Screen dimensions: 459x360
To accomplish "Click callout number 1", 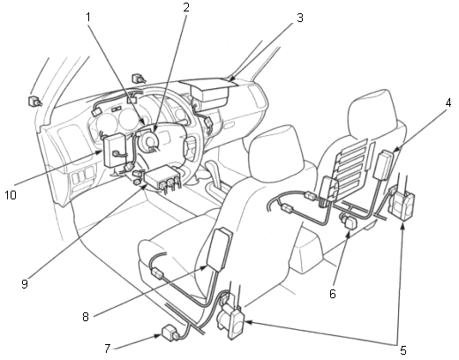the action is pos(87,17).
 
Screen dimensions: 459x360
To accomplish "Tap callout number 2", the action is pos(186,7).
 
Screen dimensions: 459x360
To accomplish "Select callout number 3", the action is pos(299,18).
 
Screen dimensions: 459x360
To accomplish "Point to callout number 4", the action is pos(448,103).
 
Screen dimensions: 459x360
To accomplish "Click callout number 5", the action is pos(403,350).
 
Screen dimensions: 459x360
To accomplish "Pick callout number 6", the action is pos(333,293).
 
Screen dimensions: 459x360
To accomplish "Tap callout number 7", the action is pos(107,349).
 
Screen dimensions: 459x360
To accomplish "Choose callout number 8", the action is pos(86,317).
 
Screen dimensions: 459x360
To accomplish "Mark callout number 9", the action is pos(25,283).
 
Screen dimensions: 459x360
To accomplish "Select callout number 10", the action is pos(11,195).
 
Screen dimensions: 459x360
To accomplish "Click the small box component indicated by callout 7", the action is pos(170,333).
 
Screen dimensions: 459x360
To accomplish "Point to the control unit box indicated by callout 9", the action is pos(162,177).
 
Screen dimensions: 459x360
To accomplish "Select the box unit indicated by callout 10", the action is pos(114,150).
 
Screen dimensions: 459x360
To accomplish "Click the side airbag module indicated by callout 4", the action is pos(383,164).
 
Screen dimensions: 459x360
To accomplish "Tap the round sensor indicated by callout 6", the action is pos(349,221).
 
